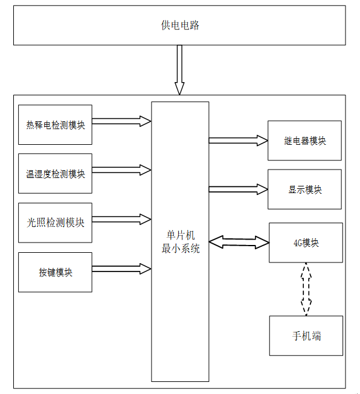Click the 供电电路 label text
(x=180, y=25)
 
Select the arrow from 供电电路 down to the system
(x=179, y=70)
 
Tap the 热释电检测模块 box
(x=55, y=125)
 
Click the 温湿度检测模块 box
(x=55, y=173)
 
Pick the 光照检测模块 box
(x=55, y=223)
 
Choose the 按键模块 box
(x=55, y=272)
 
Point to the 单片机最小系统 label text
(x=181, y=242)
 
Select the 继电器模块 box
(x=304, y=141)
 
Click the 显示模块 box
(x=304, y=189)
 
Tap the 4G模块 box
(x=306, y=243)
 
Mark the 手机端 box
(x=306, y=335)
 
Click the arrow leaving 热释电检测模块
(x=121, y=121)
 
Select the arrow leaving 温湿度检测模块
(x=121, y=170)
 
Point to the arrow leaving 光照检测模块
(x=121, y=220)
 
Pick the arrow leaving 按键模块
(x=121, y=269)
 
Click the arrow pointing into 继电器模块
(x=238, y=141)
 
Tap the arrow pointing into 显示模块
(x=238, y=189)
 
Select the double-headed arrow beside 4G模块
(x=239, y=242)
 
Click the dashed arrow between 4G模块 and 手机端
(x=306, y=289)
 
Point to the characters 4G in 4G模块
(x=298, y=243)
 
